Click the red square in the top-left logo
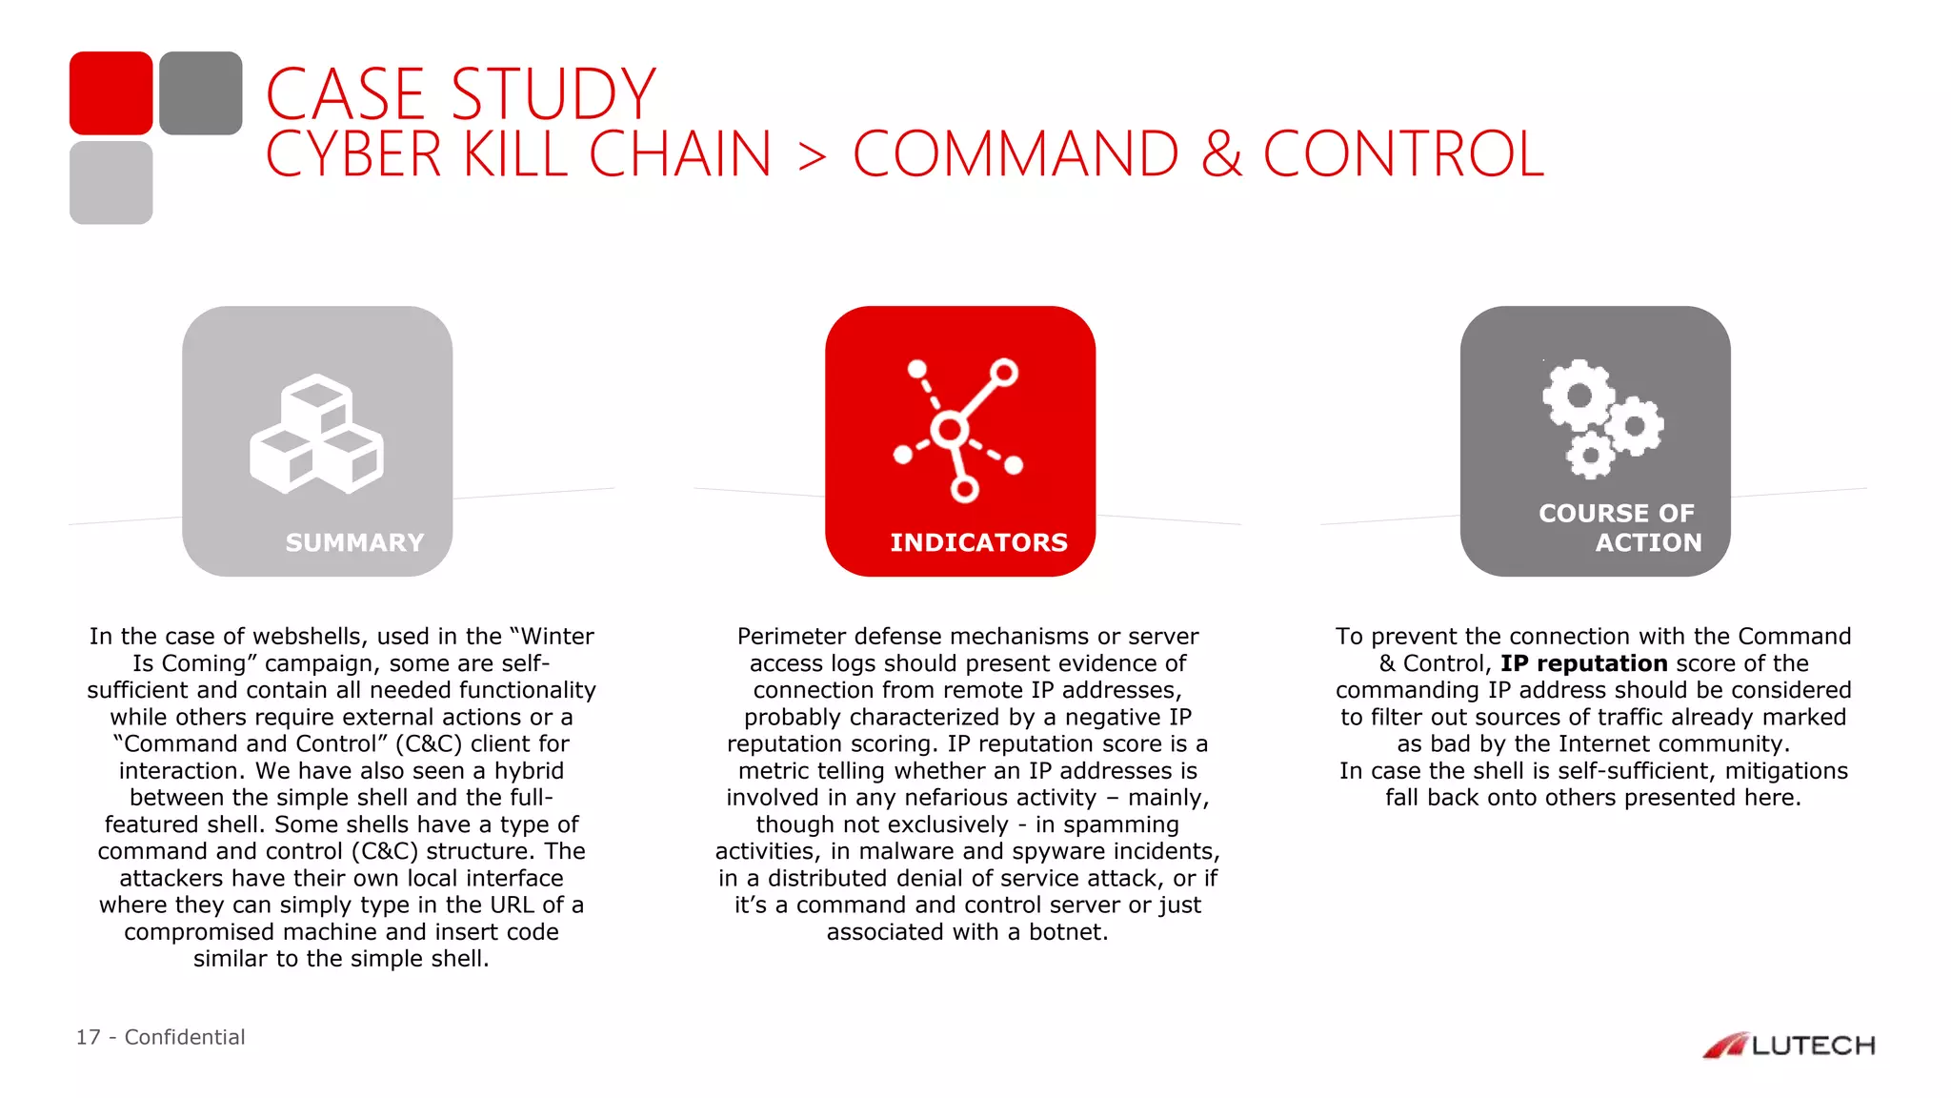point(111,92)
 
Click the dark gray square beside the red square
point(200,92)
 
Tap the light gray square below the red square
point(111,182)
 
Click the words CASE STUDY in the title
point(460,94)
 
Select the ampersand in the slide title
point(1221,154)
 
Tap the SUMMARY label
point(354,542)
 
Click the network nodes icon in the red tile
point(958,430)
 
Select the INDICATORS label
point(978,542)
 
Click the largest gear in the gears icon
point(1579,395)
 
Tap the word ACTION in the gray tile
point(1648,542)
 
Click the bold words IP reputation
point(1583,663)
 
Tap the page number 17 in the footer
point(88,1037)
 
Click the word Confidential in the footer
point(185,1037)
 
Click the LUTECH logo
point(1788,1046)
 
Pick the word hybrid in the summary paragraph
point(528,771)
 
